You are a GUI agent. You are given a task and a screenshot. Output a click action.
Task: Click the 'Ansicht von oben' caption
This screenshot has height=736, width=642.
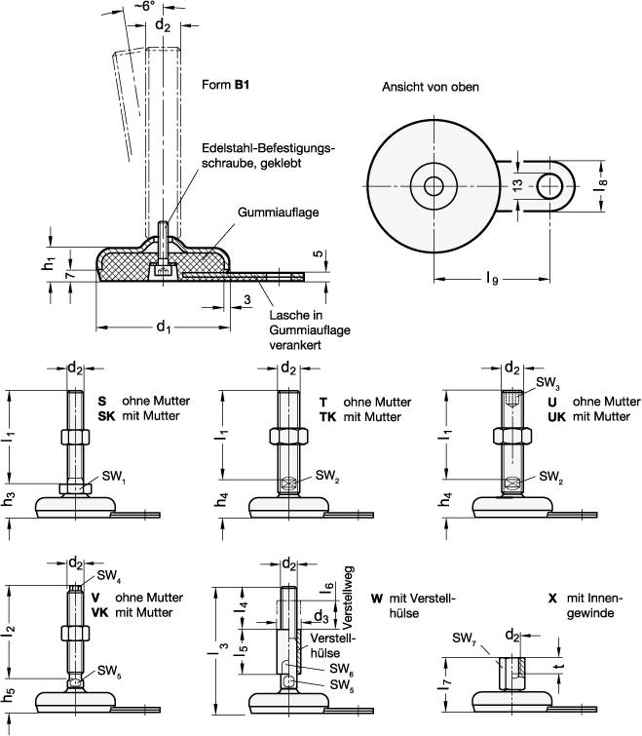430,87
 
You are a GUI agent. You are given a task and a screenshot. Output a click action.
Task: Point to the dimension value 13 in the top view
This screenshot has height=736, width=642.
516,184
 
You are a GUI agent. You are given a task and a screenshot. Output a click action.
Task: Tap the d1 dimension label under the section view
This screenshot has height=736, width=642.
163,329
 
